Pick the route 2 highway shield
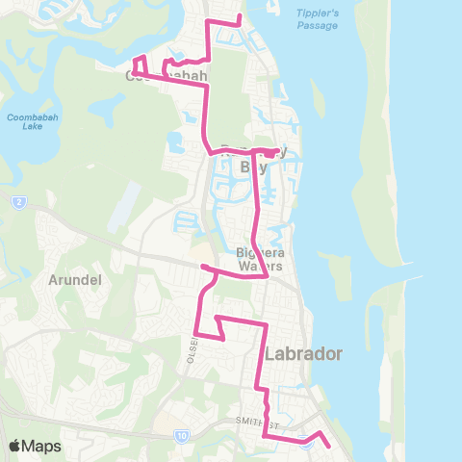(18, 202)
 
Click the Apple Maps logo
(35, 446)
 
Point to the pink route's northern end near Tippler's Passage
(241, 18)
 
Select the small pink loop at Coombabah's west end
(138, 64)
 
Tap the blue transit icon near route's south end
(306, 443)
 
